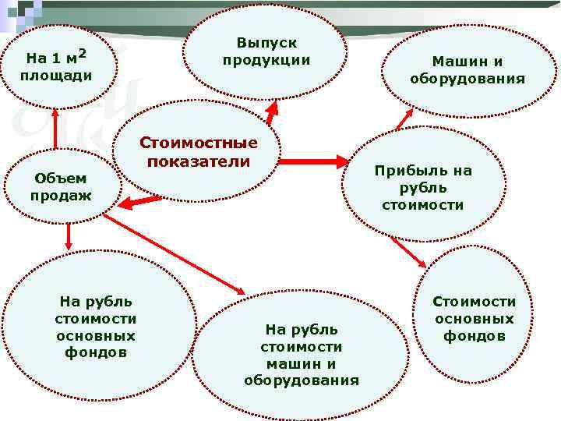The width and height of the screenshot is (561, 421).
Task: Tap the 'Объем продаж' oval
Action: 61,186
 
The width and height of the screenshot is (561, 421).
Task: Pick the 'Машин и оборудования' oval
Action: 467,70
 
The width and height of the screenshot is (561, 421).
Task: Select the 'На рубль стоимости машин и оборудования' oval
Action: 301,355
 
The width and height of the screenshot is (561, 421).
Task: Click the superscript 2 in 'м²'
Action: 81,53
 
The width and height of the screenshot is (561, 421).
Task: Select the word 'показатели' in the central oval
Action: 198,162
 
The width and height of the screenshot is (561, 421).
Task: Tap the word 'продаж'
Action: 61,195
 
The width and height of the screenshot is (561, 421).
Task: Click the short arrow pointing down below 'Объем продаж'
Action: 69,237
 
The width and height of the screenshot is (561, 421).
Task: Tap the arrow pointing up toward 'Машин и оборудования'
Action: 404,116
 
